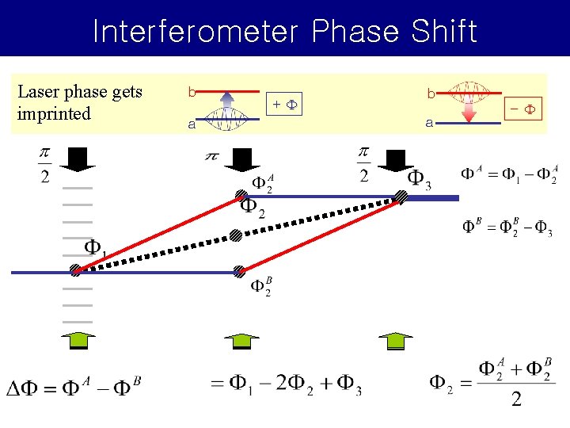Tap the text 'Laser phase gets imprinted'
pyautogui.click(x=79, y=102)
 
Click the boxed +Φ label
pyautogui.click(x=285, y=104)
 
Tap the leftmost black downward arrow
pyautogui.click(x=79, y=159)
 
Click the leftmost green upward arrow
pyautogui.click(x=78, y=339)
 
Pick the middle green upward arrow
pyautogui.click(x=241, y=339)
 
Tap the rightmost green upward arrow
pyautogui.click(x=395, y=339)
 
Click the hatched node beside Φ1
pyautogui.click(x=76, y=270)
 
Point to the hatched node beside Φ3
pyautogui.click(x=401, y=197)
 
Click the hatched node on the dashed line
pyautogui.click(x=236, y=235)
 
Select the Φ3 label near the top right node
pyautogui.click(x=419, y=181)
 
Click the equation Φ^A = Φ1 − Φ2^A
pyautogui.click(x=509, y=174)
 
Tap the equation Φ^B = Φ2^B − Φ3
pyautogui.click(x=507, y=227)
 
